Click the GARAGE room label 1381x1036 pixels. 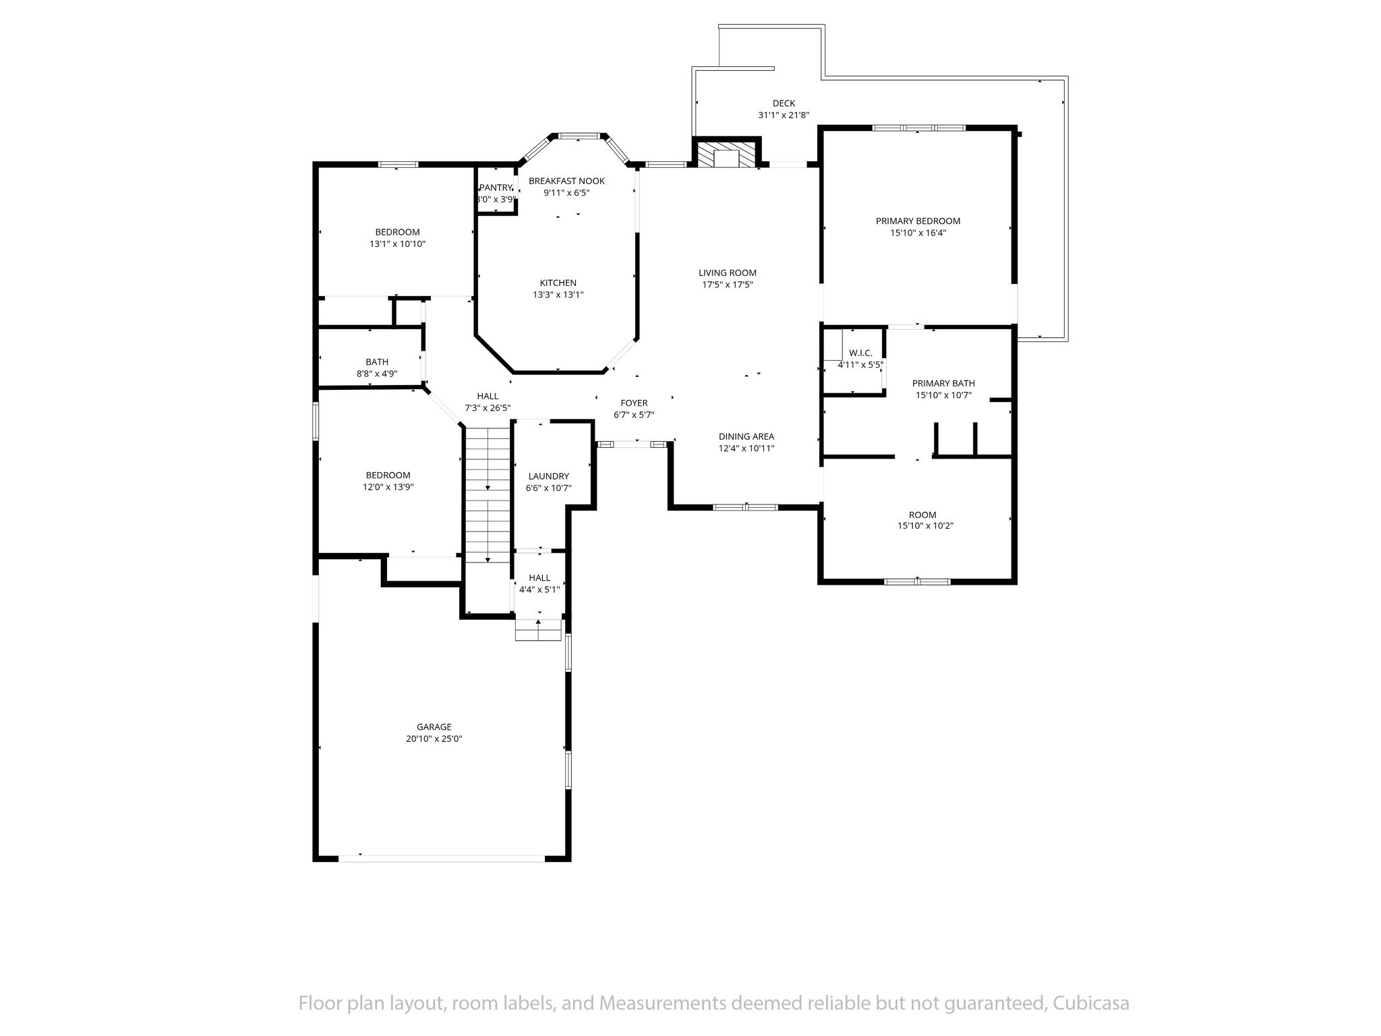click(434, 727)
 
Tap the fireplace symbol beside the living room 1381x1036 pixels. click(727, 154)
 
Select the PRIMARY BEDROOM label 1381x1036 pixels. click(918, 221)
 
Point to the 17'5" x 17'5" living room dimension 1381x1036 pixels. click(727, 285)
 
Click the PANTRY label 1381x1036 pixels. click(496, 188)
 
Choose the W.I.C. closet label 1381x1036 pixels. click(860, 353)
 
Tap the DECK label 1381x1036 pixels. click(784, 103)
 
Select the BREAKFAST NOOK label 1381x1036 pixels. click(566, 181)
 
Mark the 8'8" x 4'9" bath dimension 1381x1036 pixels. click(377, 374)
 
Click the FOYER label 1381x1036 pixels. click(634, 403)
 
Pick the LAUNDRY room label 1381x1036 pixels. click(548, 476)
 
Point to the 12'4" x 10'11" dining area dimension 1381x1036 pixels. click(746, 448)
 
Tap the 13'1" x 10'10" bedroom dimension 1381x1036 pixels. click(397, 244)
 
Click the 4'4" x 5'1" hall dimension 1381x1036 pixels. click(539, 589)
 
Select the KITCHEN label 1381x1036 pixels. click(558, 283)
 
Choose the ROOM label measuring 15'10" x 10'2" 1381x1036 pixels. click(922, 515)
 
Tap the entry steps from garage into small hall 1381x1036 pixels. click(538, 630)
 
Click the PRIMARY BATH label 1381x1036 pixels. click(943, 383)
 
